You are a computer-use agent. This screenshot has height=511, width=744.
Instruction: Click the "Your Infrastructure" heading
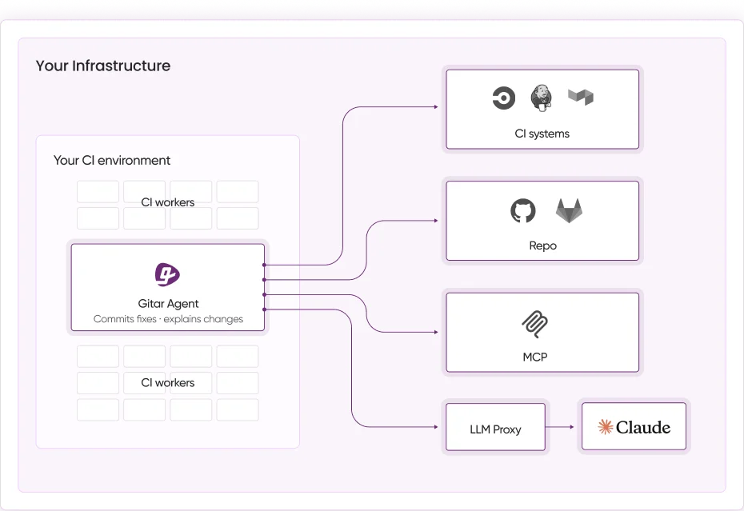coord(102,66)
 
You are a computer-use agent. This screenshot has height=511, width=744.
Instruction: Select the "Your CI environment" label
coord(111,160)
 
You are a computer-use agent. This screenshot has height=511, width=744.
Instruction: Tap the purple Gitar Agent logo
coord(167,274)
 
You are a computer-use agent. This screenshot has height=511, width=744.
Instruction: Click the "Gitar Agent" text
coord(168,304)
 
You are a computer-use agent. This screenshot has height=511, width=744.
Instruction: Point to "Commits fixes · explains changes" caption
coord(168,319)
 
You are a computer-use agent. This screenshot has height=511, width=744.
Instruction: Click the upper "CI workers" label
coord(168,202)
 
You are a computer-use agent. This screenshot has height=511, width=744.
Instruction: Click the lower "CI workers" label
coord(168,383)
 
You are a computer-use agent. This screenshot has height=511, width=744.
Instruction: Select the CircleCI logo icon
coord(503,98)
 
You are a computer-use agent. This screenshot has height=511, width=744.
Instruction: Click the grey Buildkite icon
coord(580,98)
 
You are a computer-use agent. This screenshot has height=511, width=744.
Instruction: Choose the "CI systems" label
coord(542,134)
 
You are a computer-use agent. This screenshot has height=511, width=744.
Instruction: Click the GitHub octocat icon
coord(522,211)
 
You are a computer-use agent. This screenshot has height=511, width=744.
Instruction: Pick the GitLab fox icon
coord(569,211)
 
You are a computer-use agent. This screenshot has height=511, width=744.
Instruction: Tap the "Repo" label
coord(542,246)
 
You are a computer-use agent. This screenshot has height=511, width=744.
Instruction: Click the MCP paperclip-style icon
coord(534,324)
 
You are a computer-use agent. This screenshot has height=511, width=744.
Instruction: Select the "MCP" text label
coord(534,357)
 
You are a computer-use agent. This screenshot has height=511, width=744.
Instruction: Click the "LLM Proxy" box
coord(495,429)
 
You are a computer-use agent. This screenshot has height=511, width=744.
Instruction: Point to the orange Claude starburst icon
coord(606,427)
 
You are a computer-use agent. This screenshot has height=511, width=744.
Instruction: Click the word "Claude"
coord(643,427)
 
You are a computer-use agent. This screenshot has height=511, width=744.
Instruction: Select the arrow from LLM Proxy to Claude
coord(561,427)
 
